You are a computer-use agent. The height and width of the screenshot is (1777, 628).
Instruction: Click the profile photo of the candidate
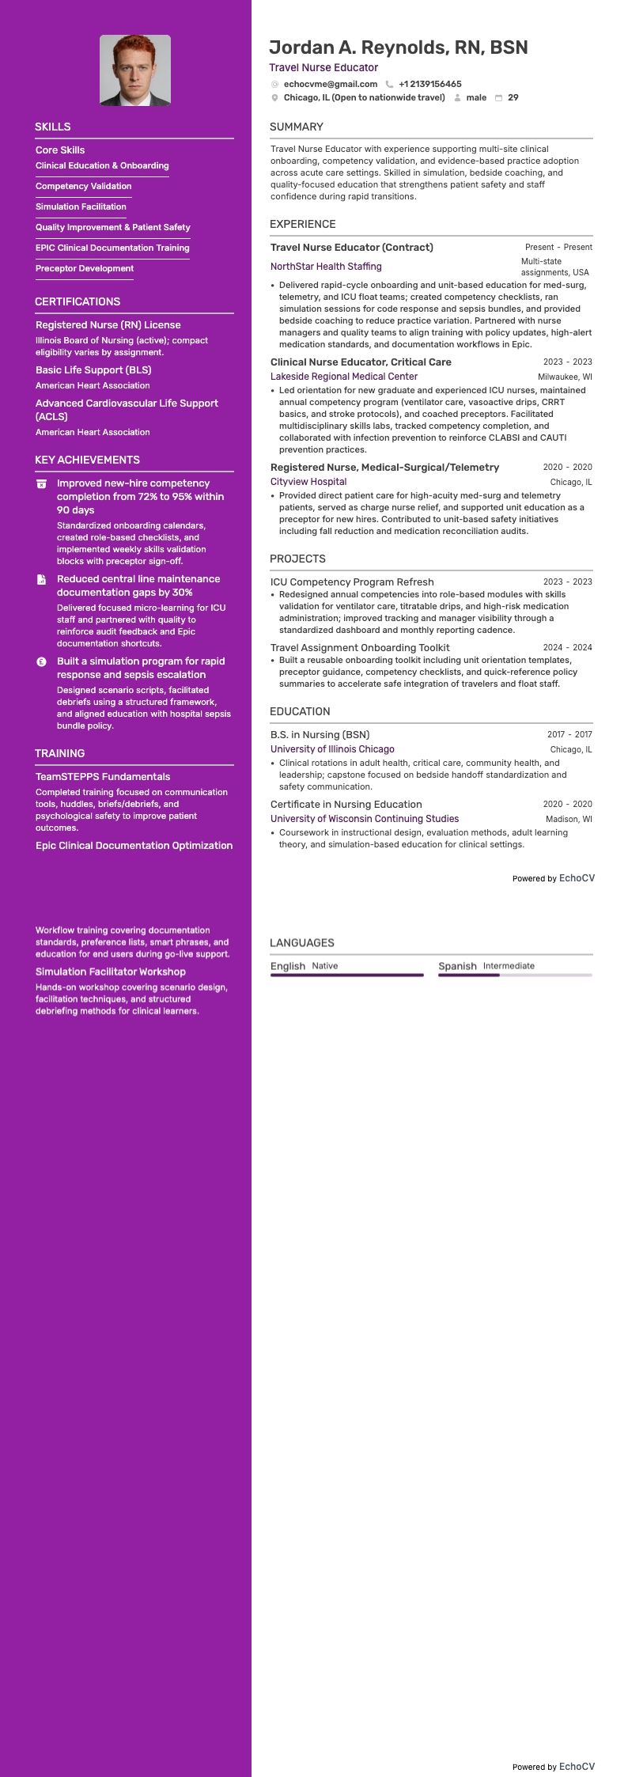pos(135,70)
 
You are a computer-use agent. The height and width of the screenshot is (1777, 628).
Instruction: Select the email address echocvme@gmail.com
pos(331,84)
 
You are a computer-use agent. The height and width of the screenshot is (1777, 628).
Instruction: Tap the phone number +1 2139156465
pos(429,84)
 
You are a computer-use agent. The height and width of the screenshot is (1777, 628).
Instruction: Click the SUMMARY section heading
pos(297,127)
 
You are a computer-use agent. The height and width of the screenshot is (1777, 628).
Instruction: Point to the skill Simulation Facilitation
pos(81,206)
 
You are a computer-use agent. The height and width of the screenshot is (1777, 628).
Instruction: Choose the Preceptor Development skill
pos(85,268)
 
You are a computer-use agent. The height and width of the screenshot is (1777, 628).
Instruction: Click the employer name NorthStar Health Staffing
pos(326,267)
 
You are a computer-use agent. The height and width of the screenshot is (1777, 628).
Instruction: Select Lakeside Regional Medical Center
pos(344,377)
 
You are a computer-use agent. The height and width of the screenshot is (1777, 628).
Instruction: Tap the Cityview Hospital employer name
pos(308,482)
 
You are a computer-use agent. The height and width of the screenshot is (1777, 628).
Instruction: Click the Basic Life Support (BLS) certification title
pos(93,369)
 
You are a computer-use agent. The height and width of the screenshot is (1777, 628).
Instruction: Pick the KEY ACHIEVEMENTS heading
pos(87,460)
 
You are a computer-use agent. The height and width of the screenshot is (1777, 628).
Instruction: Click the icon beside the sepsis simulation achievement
pos(42,661)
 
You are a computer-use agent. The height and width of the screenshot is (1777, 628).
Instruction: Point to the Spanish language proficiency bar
pos(515,975)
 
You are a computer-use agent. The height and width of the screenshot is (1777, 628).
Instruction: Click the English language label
pos(288,966)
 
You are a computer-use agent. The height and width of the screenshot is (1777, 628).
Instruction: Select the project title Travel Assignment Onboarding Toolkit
pos(360,647)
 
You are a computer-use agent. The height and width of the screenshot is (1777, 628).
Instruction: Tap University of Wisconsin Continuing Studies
pos(365,819)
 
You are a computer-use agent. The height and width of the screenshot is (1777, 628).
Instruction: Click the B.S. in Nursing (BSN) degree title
pos(320,734)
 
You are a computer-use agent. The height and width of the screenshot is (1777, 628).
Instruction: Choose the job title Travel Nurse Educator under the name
pos(323,67)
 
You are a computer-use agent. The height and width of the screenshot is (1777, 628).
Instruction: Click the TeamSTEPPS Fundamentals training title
pos(103,776)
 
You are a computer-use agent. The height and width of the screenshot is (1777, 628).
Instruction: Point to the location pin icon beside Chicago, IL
pos(275,98)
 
